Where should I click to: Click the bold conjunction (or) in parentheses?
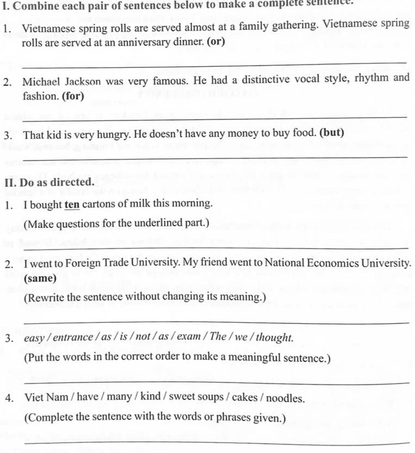point(216,41)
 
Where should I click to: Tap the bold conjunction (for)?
point(73,96)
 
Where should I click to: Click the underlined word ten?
point(72,204)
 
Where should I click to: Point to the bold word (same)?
point(40,279)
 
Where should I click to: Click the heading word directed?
point(73,182)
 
